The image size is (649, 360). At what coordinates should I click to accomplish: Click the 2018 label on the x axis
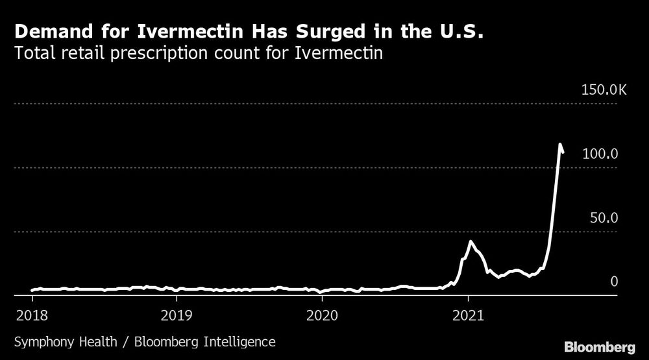coord(32,316)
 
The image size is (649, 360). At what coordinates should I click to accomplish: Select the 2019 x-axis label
coord(177,316)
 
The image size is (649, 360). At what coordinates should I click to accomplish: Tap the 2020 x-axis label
coord(322,316)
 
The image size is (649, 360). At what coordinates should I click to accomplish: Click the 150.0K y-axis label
coord(603,90)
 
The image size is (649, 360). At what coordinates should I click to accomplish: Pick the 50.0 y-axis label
coord(603,217)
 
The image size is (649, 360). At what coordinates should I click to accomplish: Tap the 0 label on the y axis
coord(614,281)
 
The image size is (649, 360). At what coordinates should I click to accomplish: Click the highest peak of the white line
coord(559,144)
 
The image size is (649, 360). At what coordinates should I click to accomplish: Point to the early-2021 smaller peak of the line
coord(471,241)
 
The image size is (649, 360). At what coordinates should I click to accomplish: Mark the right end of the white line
coord(563,152)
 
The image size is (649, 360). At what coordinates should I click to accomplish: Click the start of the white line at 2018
coord(32,291)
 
